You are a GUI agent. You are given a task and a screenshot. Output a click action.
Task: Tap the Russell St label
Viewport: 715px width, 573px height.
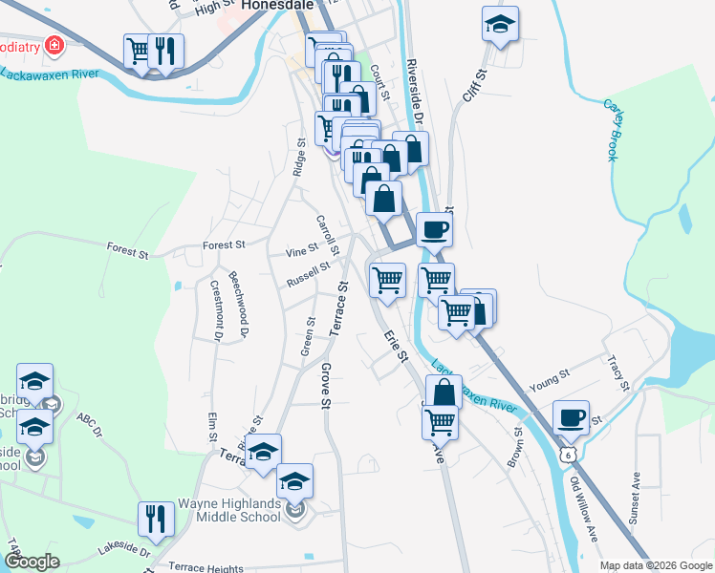[308, 277]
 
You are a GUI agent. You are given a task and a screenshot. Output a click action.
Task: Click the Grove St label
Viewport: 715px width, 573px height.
[325, 387]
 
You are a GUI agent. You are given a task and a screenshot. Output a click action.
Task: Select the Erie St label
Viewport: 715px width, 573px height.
[396, 346]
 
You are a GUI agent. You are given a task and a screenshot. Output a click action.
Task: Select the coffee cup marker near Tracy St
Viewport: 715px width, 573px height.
[572, 418]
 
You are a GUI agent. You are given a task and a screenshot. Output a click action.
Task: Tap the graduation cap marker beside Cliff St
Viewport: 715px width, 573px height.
[499, 26]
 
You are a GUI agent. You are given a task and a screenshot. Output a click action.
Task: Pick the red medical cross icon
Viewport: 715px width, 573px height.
[54, 45]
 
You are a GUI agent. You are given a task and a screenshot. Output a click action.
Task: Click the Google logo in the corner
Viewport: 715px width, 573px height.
[32, 562]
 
